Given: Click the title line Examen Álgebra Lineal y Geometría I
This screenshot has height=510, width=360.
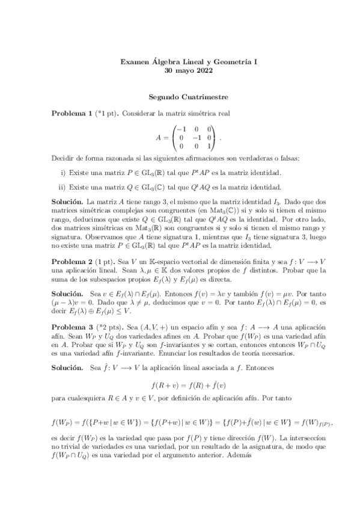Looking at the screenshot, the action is (180, 61).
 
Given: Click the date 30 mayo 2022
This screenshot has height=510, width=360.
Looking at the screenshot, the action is (180, 70).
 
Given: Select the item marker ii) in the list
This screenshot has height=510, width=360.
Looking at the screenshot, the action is (63, 188).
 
